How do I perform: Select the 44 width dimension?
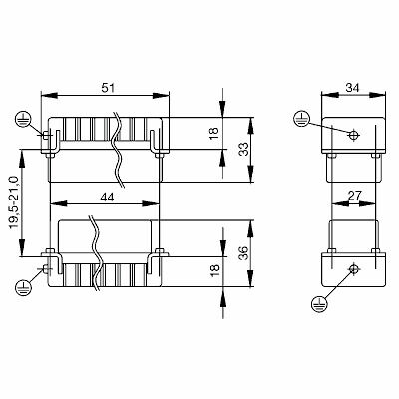(x=103, y=198)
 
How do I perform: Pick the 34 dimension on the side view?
(x=349, y=89)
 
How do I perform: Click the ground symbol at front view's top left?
(x=22, y=120)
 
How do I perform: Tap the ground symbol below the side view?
(x=321, y=303)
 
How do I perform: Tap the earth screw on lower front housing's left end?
(x=46, y=266)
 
